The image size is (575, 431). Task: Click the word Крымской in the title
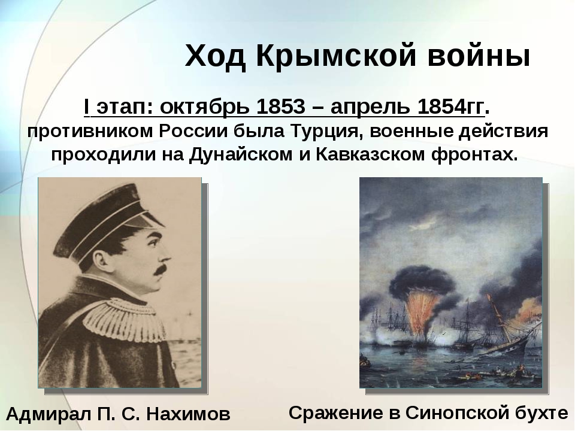(x=336, y=56)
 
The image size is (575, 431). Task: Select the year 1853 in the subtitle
(x=280, y=107)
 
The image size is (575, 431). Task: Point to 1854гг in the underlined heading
(x=450, y=107)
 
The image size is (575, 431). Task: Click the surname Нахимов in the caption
(x=188, y=414)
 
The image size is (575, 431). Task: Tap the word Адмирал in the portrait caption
(x=49, y=414)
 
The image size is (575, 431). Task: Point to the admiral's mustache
(x=159, y=272)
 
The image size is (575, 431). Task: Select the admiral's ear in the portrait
(x=100, y=262)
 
